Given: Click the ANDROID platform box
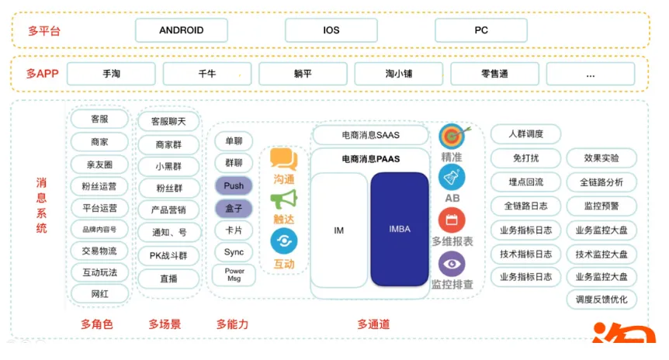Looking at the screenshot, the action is tap(182, 30).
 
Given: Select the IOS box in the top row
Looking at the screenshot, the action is tap(331, 30).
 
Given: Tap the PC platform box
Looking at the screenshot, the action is tap(481, 30).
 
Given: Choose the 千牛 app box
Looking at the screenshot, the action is tap(207, 74).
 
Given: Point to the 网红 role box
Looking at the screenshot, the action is tap(99, 294).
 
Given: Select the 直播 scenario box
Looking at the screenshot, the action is tap(168, 278).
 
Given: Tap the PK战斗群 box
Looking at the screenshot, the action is tap(168, 254).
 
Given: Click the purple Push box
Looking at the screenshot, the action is tap(234, 186).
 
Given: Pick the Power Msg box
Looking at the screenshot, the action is tap(234, 275).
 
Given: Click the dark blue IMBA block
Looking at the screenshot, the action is tap(400, 230).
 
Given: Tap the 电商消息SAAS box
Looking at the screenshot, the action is tap(370, 135).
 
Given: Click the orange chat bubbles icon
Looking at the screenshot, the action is tap(283, 160).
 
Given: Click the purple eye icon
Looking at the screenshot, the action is tap(452, 264).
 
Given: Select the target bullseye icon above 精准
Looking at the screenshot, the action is tap(451, 136).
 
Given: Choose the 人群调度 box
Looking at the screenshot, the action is tap(525, 134).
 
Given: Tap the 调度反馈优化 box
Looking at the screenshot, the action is tap(601, 299).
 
